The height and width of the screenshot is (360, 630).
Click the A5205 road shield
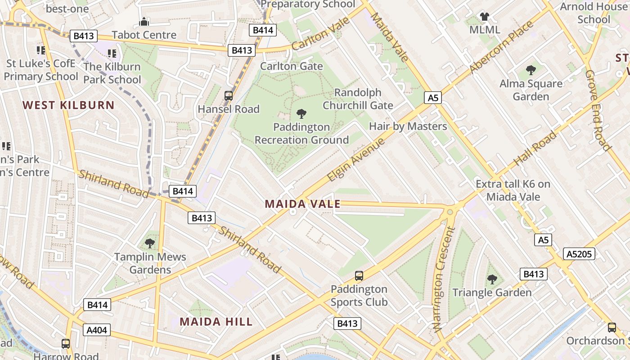click(x=579, y=254)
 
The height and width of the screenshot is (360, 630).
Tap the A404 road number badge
click(x=97, y=330)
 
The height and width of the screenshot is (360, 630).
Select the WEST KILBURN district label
click(x=68, y=105)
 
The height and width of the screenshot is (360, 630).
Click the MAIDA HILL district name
click(x=216, y=322)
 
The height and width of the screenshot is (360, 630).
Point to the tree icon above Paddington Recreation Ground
click(x=301, y=114)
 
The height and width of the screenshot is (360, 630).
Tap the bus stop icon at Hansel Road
click(x=229, y=96)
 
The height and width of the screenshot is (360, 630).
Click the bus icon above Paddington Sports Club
click(x=359, y=275)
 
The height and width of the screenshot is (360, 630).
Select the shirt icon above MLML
click(x=484, y=17)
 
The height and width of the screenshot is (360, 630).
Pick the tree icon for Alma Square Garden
click(x=531, y=70)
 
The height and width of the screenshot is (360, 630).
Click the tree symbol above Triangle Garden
click(x=492, y=279)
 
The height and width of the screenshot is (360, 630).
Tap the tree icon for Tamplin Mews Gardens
click(x=150, y=244)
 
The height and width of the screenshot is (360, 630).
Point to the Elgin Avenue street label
click(x=356, y=160)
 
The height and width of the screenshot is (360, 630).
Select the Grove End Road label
click(x=598, y=110)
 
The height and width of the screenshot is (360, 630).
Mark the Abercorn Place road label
click(x=501, y=47)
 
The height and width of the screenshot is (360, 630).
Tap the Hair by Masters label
click(x=408, y=126)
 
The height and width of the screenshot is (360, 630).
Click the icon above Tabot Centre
click(x=144, y=22)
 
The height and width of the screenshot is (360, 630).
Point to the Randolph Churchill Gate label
click(x=358, y=99)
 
